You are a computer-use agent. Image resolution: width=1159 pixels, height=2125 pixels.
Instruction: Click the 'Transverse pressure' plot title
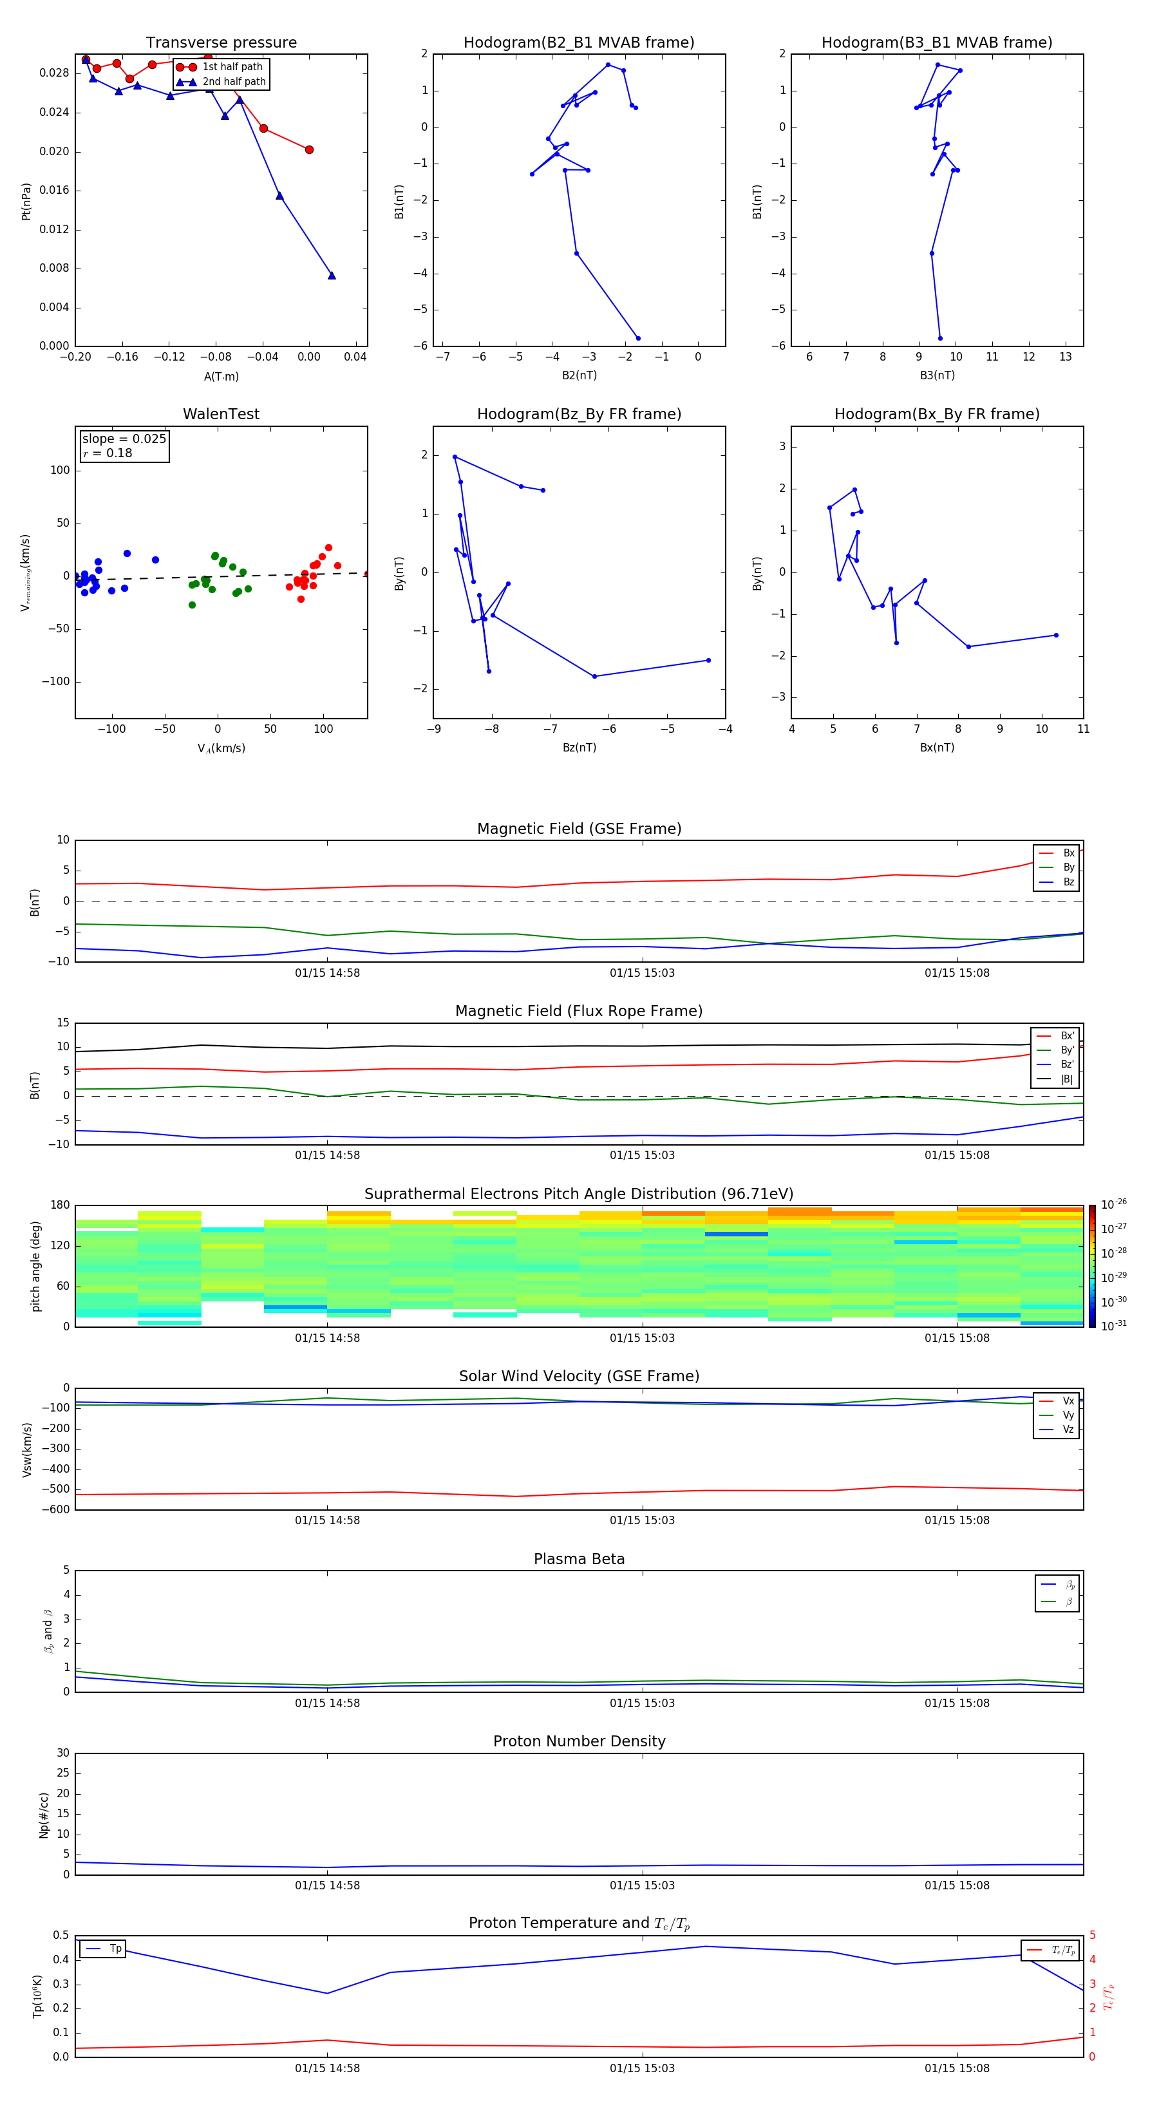pos(221,42)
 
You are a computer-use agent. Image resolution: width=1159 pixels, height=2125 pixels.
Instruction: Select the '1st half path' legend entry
pos(232,67)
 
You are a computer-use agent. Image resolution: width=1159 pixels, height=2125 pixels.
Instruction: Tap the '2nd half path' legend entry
pos(234,82)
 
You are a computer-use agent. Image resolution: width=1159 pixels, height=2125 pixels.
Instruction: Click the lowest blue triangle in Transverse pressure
pos(332,276)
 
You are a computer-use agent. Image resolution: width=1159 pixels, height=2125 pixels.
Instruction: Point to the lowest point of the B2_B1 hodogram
pos(637,338)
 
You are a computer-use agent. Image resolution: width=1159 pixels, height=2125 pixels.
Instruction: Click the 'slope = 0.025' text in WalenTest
pos(124,439)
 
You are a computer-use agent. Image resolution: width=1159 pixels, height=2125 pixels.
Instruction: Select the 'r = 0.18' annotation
pos(108,453)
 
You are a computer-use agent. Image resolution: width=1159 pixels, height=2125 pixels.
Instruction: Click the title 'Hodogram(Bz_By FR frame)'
pos(579,414)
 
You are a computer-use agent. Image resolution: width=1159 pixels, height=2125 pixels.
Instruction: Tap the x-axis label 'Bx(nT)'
pos(937,748)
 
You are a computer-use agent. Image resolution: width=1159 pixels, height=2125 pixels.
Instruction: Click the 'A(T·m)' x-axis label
pos(221,376)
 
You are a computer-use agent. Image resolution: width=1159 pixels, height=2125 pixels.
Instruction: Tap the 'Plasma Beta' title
pos(579,1559)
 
